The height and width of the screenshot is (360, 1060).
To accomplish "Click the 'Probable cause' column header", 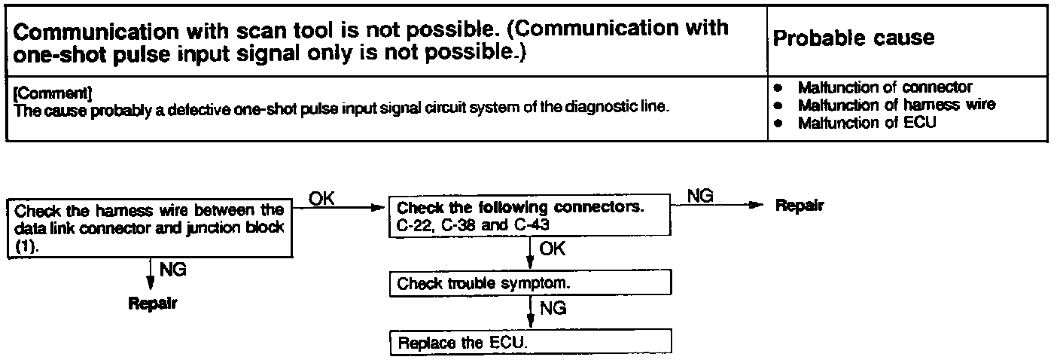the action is click(854, 38).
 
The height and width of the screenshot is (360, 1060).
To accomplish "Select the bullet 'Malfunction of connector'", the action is click(885, 87).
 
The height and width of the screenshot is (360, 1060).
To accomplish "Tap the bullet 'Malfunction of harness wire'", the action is click(896, 105).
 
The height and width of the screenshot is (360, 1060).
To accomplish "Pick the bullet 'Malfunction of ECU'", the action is click(867, 122).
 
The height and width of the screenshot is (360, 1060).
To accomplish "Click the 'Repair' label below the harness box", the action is click(152, 305).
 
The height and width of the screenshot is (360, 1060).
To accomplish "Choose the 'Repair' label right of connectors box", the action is click(799, 206).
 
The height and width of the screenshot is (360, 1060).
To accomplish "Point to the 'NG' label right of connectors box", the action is click(701, 196).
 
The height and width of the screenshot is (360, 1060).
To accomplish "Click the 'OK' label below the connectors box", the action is click(553, 249).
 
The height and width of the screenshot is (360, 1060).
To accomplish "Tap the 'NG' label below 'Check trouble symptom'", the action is click(553, 307).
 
